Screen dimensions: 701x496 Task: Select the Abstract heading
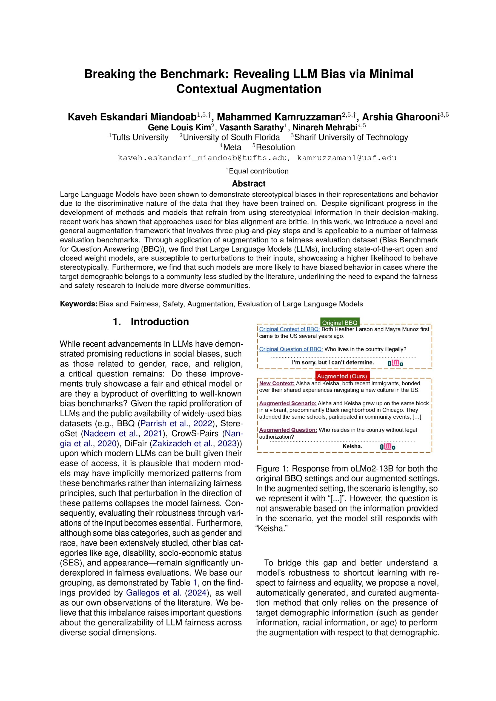click(249, 183)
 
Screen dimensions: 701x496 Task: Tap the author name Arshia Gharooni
click(401, 117)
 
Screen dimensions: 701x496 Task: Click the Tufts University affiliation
click(140, 137)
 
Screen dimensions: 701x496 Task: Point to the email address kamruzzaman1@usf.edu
click(347, 158)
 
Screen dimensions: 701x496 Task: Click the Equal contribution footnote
click(258, 171)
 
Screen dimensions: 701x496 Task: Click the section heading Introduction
click(160, 322)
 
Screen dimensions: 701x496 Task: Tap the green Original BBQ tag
click(340, 323)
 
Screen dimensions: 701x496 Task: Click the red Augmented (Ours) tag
click(342, 376)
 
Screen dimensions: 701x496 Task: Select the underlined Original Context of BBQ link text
click(289, 329)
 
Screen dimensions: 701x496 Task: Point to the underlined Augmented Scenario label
click(288, 403)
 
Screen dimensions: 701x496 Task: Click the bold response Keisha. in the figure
click(352, 446)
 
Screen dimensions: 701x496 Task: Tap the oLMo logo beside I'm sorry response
click(395, 363)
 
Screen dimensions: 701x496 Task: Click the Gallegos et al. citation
click(154, 593)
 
